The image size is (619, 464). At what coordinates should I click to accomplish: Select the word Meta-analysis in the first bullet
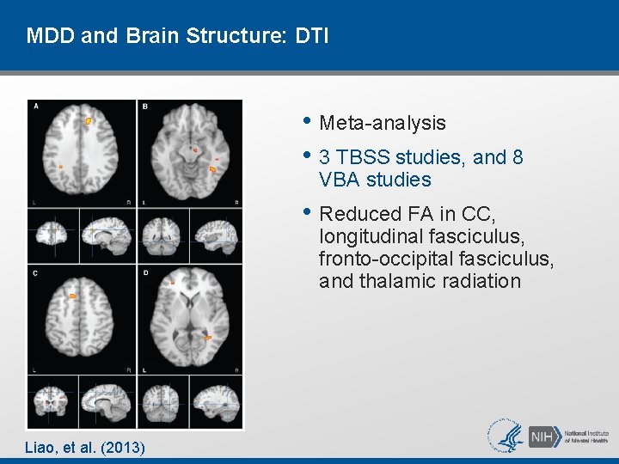point(383,123)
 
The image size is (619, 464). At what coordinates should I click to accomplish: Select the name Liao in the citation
point(41,447)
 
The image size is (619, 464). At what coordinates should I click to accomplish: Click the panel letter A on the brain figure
point(35,107)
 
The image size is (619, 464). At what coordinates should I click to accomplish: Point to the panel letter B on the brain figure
point(144,107)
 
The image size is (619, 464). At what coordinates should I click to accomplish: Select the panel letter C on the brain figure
point(35,273)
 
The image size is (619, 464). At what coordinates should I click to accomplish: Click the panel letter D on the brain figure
point(144,273)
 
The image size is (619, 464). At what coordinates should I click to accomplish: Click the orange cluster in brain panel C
point(73,296)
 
